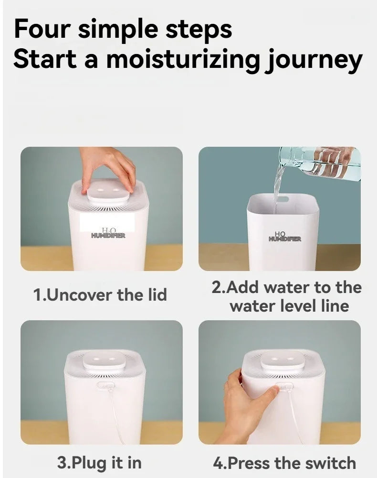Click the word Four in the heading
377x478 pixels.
click(x=42, y=29)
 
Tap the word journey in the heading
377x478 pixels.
click(x=314, y=60)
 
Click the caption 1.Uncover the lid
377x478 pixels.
click(x=100, y=295)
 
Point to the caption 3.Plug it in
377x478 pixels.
click(x=99, y=463)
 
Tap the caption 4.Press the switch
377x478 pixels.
click(x=284, y=463)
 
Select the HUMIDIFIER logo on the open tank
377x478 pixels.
click(x=285, y=237)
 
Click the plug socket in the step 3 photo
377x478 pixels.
click(x=105, y=386)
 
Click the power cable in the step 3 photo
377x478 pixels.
click(x=117, y=414)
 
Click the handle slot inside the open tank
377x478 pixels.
click(x=282, y=199)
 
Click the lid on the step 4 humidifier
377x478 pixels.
click(x=283, y=360)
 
